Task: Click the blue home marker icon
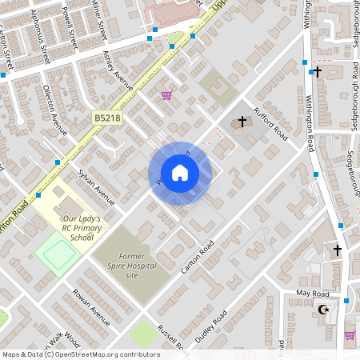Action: click(179, 173)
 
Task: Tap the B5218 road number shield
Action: click(106, 118)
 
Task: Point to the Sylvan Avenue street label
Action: click(96, 186)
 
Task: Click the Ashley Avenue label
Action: click(118, 70)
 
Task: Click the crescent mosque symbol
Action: click(324, 310)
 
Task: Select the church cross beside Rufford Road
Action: click(241, 122)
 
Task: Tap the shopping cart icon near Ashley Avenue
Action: click(166, 95)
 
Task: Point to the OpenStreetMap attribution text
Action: click(81, 354)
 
